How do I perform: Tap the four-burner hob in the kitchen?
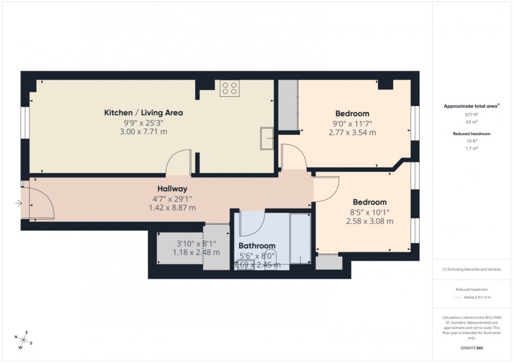coord(229,89)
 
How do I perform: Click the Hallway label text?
coord(172,189)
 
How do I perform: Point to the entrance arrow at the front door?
coord(19,203)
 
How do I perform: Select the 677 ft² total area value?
coord(472,114)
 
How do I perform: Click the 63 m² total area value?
coord(472,120)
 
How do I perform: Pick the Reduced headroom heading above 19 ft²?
coord(472,134)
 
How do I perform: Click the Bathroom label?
coord(257,246)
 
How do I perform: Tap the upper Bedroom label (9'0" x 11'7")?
coord(352,113)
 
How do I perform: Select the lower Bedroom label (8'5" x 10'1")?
coord(370,202)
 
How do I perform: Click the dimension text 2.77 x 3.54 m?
coord(352,133)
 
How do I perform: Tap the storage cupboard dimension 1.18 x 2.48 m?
coord(196,252)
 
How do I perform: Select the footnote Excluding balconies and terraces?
coord(472,269)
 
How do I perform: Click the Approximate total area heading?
coord(471,106)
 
